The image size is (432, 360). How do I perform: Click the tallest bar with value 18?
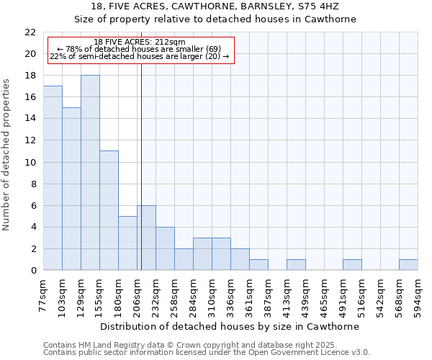coord(90,173)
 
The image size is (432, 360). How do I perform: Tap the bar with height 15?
coord(71,189)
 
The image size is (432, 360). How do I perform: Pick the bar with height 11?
coord(109,210)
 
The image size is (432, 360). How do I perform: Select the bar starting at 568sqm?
coord(408,265)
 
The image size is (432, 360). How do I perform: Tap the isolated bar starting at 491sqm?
coord(352,265)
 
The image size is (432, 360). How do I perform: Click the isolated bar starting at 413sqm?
coord(296,265)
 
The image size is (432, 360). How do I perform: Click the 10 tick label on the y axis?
coord(30,163)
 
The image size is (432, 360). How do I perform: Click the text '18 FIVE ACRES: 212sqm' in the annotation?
coord(140,42)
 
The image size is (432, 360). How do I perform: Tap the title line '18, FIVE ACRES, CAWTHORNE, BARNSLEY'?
coord(215,6)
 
